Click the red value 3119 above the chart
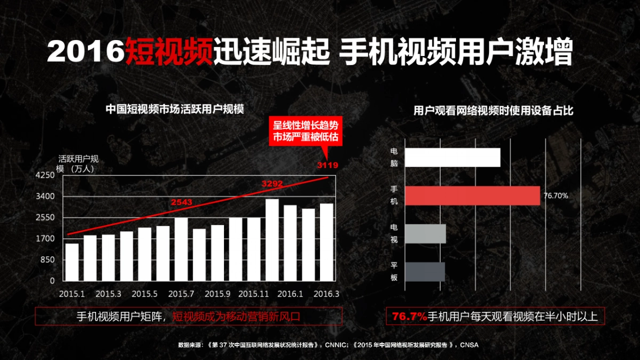click(x=327, y=165)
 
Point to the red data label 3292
click(x=272, y=184)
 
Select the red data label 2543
click(x=181, y=202)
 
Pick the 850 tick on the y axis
click(x=46, y=260)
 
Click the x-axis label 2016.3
click(x=326, y=294)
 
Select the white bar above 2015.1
click(x=72, y=262)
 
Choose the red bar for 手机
click(x=473, y=196)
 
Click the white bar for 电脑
click(x=453, y=157)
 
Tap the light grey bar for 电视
click(x=426, y=234)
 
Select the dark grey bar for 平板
click(x=425, y=271)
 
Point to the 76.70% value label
click(x=556, y=196)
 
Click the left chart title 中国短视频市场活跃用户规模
click(x=174, y=109)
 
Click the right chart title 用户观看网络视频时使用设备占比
click(x=494, y=111)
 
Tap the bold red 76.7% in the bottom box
click(x=410, y=317)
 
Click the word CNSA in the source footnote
click(x=469, y=345)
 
